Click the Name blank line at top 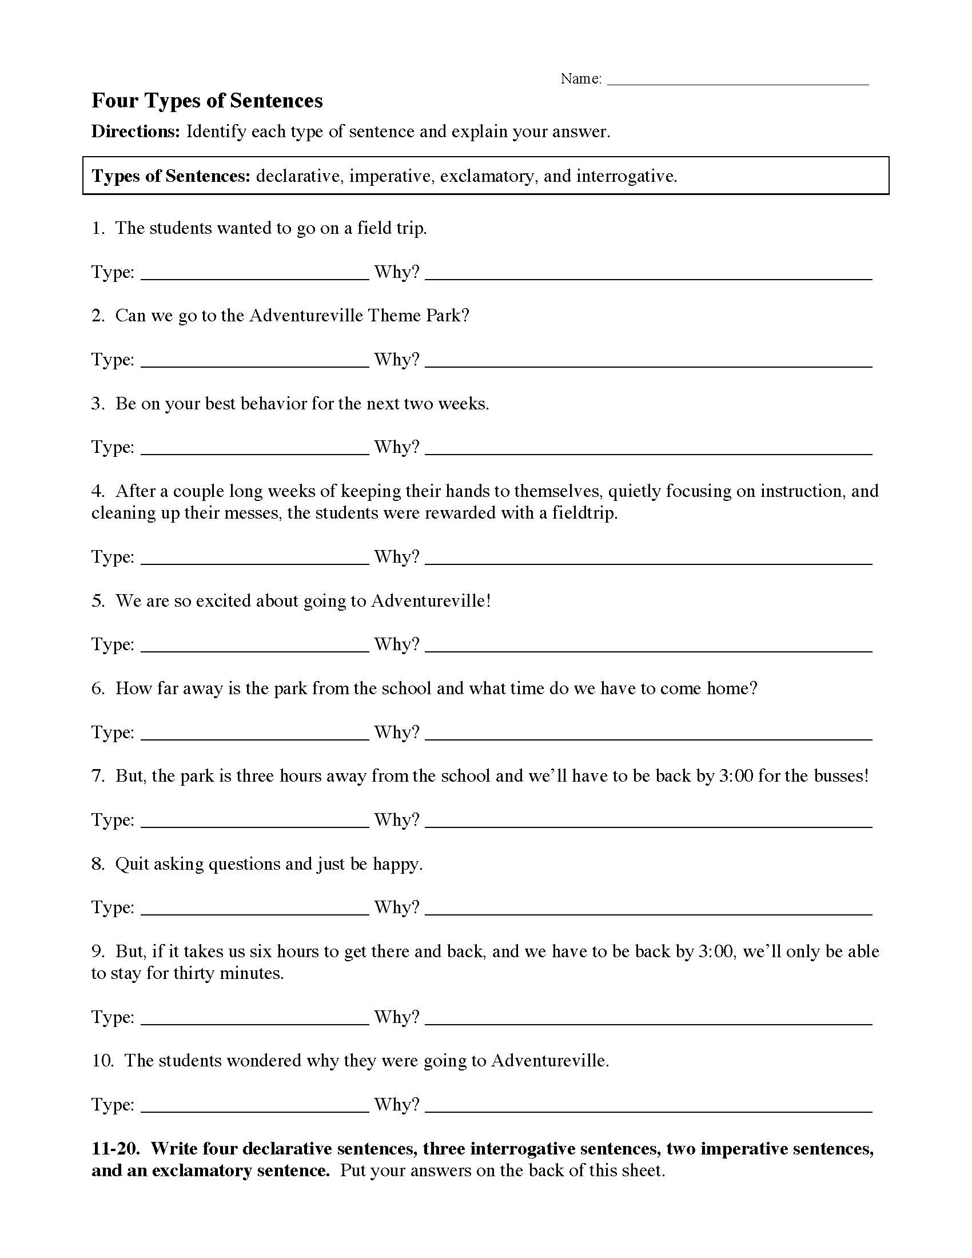pos(738,81)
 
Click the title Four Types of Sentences pos(207,101)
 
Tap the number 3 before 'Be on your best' pos(96,404)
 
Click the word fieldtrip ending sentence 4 pos(583,513)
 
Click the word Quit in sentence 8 pos(132,864)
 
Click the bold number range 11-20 pos(115,1149)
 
